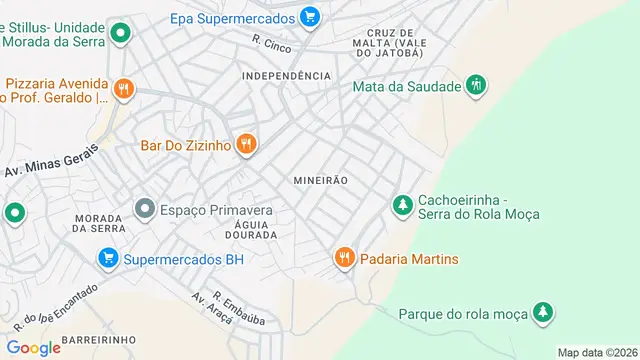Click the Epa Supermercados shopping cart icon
click(310, 17)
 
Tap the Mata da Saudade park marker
click(478, 86)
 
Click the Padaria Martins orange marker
click(345, 259)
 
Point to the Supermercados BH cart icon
click(107, 259)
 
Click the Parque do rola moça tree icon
click(543, 313)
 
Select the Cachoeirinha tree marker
click(402, 205)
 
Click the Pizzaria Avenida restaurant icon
click(123, 89)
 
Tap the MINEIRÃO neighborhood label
click(320, 181)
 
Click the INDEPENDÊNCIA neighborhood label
click(286, 76)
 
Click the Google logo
click(33, 347)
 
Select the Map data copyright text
click(597, 353)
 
